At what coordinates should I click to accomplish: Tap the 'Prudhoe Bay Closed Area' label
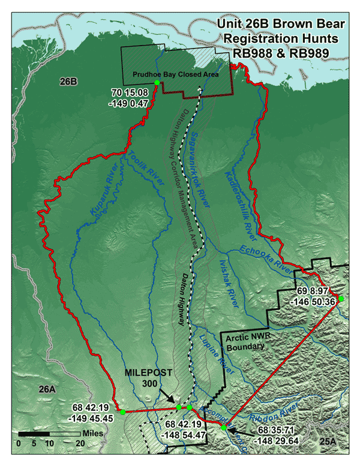[x=175, y=74]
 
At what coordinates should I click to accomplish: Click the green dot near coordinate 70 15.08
[x=157, y=83]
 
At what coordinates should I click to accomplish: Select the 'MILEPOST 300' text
[x=149, y=377]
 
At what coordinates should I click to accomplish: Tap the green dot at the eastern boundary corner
[x=341, y=298]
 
